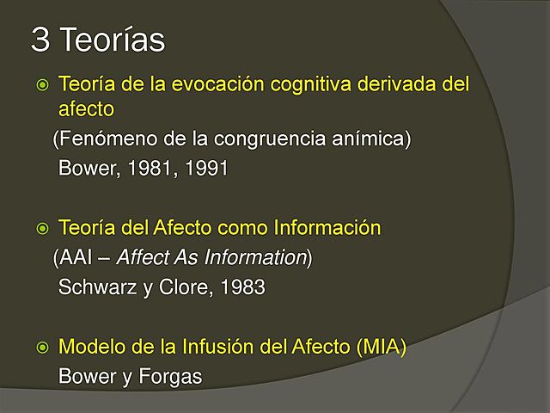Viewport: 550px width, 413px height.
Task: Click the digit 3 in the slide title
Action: [39, 39]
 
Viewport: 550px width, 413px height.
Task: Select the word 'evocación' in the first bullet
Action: [229, 85]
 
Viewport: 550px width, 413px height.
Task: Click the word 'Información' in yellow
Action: [330, 228]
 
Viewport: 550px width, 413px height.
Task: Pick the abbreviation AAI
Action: [76, 257]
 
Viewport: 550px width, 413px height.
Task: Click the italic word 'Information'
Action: [262, 257]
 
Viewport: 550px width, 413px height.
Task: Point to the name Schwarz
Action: [92, 287]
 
